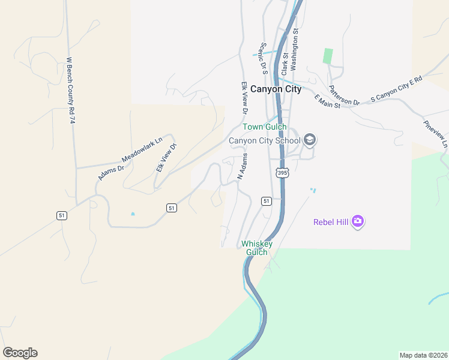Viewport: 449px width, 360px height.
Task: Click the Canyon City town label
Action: pos(276,89)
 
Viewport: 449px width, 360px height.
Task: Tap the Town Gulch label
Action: pos(264,127)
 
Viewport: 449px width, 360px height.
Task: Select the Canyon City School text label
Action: pos(264,141)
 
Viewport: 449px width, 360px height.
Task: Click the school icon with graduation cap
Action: pos(310,140)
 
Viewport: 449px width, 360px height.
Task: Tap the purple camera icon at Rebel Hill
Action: pos(358,221)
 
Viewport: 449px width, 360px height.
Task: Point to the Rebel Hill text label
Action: pos(331,222)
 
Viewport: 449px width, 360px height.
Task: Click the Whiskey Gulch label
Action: pos(257,248)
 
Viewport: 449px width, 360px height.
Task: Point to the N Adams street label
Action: pos(243,166)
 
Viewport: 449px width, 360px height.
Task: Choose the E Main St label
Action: pos(327,101)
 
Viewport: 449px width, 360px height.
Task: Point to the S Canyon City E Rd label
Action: pos(396,88)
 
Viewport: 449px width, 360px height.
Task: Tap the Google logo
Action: pos(20,353)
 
